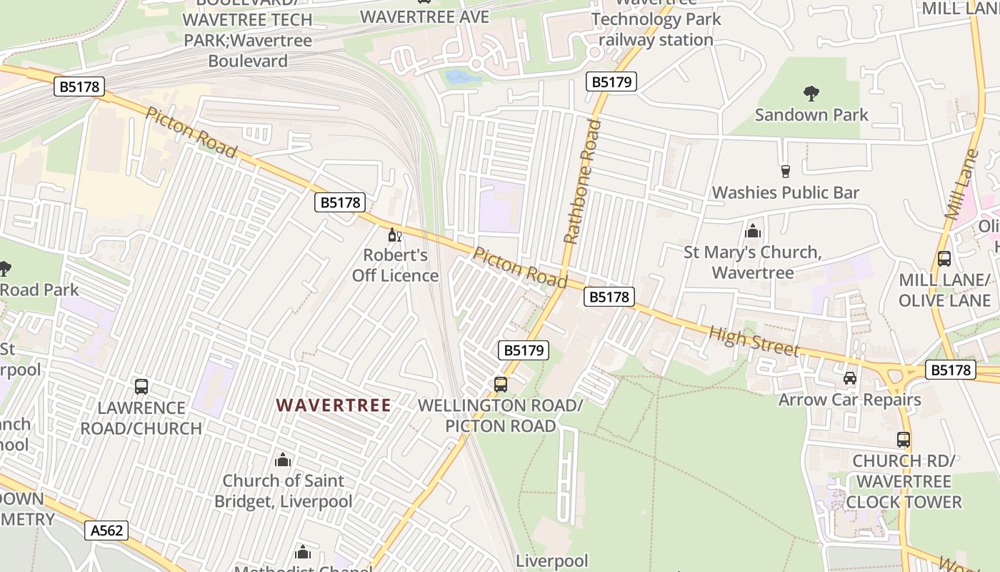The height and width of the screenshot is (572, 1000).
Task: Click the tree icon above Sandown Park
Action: (811, 93)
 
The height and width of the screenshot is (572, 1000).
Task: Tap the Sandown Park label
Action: (811, 114)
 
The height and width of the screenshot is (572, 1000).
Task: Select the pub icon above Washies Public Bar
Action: (786, 171)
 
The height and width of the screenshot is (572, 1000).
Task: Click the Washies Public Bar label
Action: (786, 192)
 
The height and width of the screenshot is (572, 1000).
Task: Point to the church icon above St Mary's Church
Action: (752, 231)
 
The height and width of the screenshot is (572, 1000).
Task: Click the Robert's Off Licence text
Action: (395, 265)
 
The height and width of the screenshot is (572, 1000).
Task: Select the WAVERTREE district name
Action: (334, 405)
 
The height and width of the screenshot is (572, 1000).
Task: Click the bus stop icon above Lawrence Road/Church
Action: (141, 387)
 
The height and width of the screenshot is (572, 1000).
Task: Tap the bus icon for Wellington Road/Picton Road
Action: (501, 384)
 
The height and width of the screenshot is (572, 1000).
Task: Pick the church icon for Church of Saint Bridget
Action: (283, 459)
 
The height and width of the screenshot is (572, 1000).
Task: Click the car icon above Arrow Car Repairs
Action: (849, 378)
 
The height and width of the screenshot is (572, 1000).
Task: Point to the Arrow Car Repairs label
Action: (849, 400)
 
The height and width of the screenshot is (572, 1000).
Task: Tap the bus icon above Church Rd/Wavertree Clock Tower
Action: (904, 440)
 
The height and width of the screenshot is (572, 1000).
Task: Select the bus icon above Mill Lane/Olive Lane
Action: (944, 259)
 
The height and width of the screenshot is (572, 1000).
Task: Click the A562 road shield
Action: (107, 531)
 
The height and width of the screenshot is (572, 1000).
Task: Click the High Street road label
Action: (754, 340)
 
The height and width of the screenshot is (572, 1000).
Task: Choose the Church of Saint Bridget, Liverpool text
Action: (284, 490)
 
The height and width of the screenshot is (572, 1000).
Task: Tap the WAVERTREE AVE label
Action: (425, 17)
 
